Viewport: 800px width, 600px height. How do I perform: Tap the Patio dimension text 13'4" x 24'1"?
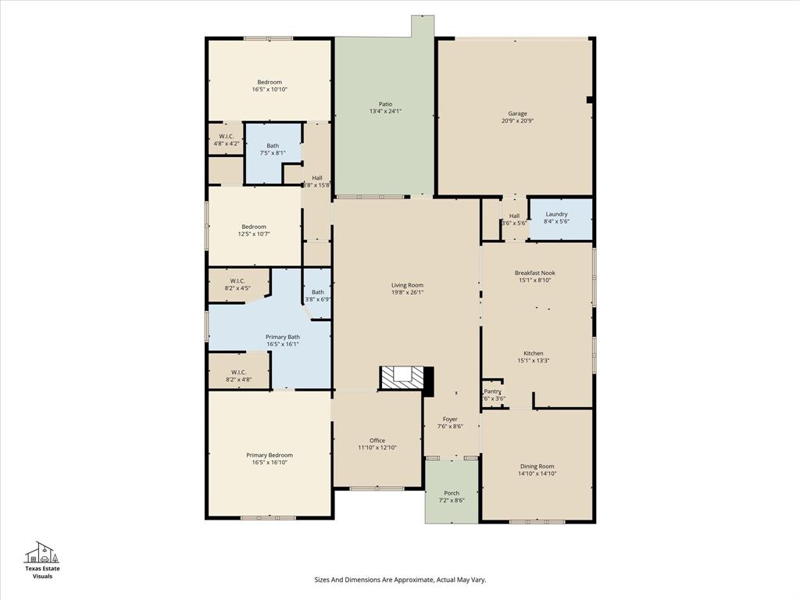point(385,112)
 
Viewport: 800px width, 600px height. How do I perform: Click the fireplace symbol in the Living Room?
point(403,378)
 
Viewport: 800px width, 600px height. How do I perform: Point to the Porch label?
point(452,493)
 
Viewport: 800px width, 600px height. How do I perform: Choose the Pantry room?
point(492,395)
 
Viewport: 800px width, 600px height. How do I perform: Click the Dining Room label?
point(536,466)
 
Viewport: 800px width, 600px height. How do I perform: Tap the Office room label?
point(377,441)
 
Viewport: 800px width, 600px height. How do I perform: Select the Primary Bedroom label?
point(270,455)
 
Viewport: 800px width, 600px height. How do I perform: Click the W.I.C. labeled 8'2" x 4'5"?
point(238,284)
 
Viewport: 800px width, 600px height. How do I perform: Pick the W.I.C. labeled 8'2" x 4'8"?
point(238,376)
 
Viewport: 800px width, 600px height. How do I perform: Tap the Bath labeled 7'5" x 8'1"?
point(273,148)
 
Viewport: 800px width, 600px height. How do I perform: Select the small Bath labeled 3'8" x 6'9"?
point(317,295)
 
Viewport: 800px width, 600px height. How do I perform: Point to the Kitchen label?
point(534,353)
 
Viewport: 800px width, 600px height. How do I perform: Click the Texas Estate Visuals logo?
point(42,559)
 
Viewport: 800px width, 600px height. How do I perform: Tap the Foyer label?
point(450,420)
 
